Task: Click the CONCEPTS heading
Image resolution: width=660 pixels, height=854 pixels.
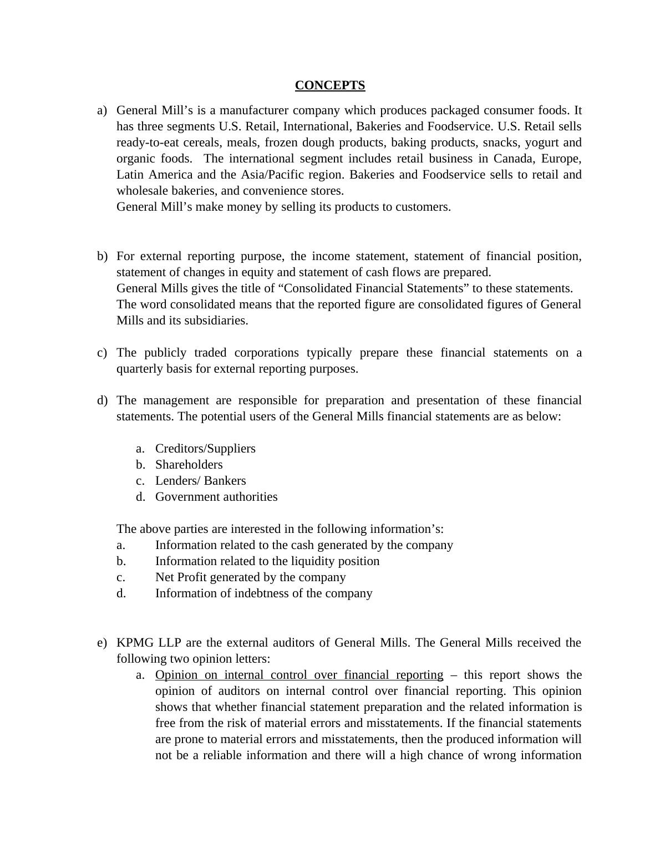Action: pyautogui.click(x=329, y=85)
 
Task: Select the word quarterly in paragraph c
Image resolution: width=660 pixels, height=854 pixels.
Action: pyautogui.click(x=139, y=369)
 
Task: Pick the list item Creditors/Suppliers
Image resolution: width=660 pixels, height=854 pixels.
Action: pyautogui.click(x=205, y=449)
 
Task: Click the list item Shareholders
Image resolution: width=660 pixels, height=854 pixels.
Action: pyautogui.click(x=189, y=465)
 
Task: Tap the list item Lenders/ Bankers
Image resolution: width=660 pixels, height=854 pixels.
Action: pyautogui.click(x=200, y=481)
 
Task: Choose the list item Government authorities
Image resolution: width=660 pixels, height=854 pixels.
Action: pyautogui.click(x=216, y=497)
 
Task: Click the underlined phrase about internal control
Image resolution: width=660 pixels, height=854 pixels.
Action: pyautogui.click(x=299, y=675)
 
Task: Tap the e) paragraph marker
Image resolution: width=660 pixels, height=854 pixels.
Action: pyautogui.click(x=102, y=643)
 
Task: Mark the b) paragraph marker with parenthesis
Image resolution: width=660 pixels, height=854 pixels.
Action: pyautogui.click(x=102, y=256)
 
